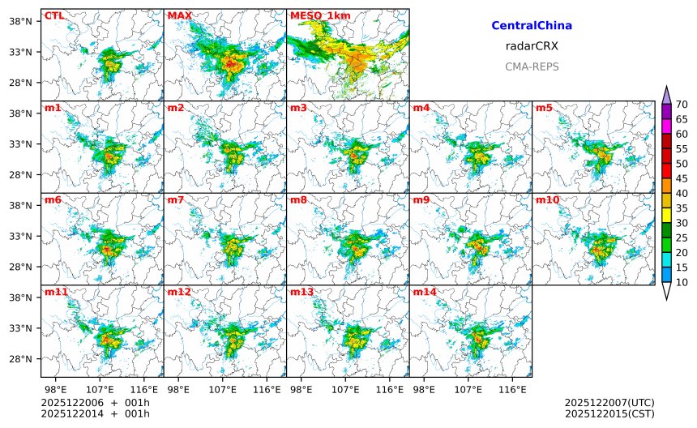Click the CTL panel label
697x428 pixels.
(x=53, y=15)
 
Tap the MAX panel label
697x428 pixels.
(x=179, y=15)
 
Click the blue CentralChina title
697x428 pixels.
(x=532, y=26)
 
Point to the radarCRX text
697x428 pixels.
(x=532, y=46)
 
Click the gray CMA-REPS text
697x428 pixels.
(x=532, y=66)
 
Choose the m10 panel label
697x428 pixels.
(x=547, y=199)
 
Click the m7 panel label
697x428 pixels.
(x=176, y=199)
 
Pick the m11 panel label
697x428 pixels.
(x=56, y=291)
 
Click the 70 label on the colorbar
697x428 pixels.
(x=682, y=104)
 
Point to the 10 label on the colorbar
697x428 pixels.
(x=682, y=282)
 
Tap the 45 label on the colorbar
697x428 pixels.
(x=682, y=178)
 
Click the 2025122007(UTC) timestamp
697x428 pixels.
(x=609, y=403)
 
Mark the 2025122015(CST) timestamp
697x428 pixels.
(x=609, y=414)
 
